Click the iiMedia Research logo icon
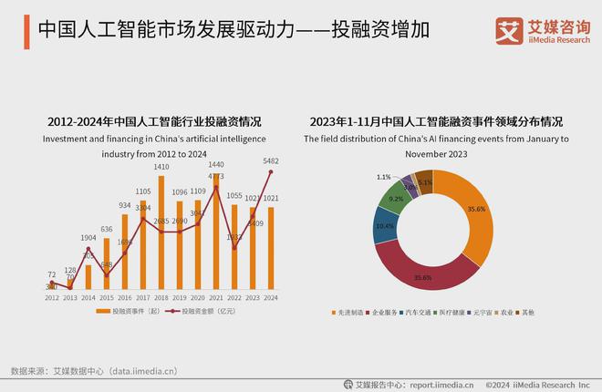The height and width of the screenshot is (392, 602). click(x=508, y=29)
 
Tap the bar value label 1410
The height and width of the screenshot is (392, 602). click(x=161, y=168)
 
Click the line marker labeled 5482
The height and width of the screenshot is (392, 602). click(x=271, y=171)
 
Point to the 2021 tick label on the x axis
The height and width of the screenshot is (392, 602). click(x=216, y=296)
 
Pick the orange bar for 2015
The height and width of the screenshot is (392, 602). click(x=107, y=264)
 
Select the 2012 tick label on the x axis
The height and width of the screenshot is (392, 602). click(x=52, y=296)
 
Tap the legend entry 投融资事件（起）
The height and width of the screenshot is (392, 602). click(x=129, y=312)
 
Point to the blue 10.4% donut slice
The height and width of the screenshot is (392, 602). click(x=385, y=224)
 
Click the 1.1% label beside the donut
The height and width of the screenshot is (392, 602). click(x=384, y=177)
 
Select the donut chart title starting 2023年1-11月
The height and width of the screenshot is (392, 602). click(x=436, y=121)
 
